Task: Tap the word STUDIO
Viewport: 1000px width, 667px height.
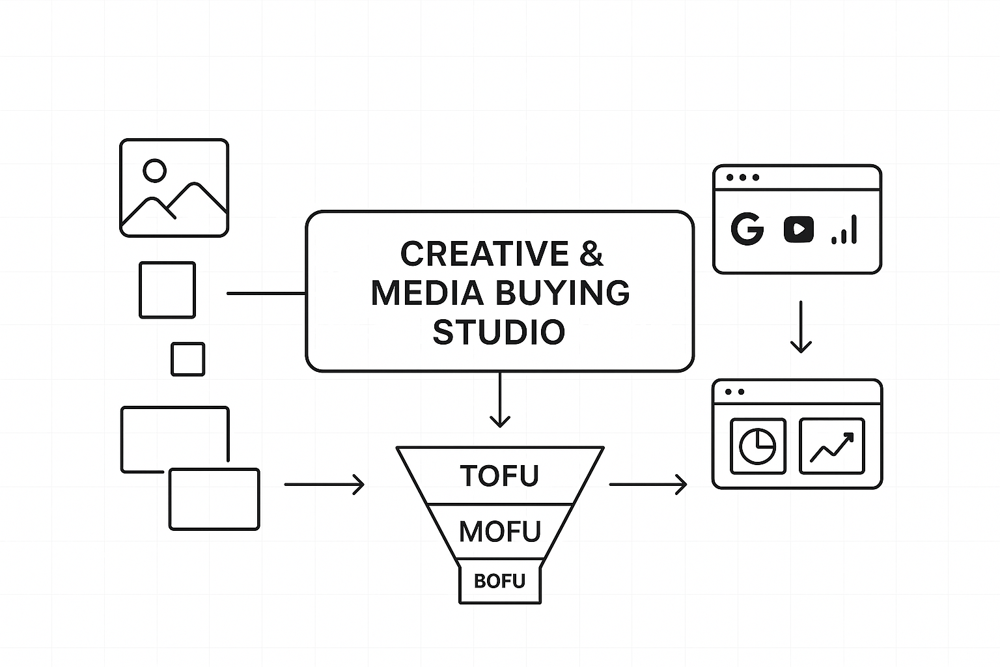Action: pos(499,332)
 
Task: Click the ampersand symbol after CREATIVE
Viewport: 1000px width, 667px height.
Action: pos(590,254)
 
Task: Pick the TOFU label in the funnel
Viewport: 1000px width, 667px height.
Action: pos(499,476)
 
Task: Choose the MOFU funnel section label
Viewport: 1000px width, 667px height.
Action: pos(499,532)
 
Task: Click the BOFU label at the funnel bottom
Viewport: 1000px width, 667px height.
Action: pos(499,581)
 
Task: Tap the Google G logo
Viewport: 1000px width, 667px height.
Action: pos(747,229)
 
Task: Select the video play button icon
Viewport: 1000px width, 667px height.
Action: pos(798,229)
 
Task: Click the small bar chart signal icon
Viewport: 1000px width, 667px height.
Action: pos(844,231)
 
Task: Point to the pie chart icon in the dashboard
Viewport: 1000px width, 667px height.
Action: pos(758,446)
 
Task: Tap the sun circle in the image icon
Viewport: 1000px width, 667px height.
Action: pos(154,171)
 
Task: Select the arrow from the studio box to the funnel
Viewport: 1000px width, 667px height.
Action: pos(499,400)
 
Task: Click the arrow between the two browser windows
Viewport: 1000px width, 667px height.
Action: pos(800,326)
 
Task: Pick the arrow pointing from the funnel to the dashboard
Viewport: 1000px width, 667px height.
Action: pos(648,485)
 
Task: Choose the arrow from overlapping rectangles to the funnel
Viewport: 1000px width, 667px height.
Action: pos(324,485)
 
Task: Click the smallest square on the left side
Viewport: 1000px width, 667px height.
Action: pos(187,359)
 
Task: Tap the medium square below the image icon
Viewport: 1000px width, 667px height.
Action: pos(167,290)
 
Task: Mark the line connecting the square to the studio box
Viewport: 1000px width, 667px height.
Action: pos(266,293)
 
